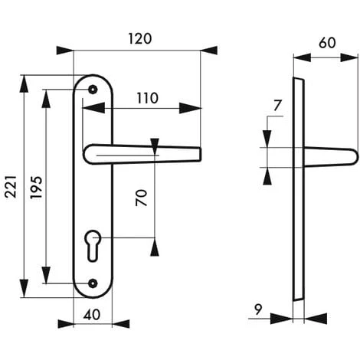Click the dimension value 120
click(138, 38)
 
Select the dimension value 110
click(147, 97)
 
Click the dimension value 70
click(141, 199)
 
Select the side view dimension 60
click(326, 44)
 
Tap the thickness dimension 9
click(257, 310)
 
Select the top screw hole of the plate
click(93, 90)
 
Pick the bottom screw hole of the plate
click(93, 283)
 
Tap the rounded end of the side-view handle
click(352, 157)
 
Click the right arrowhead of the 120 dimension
click(208, 51)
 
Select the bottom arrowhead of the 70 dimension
click(155, 247)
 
